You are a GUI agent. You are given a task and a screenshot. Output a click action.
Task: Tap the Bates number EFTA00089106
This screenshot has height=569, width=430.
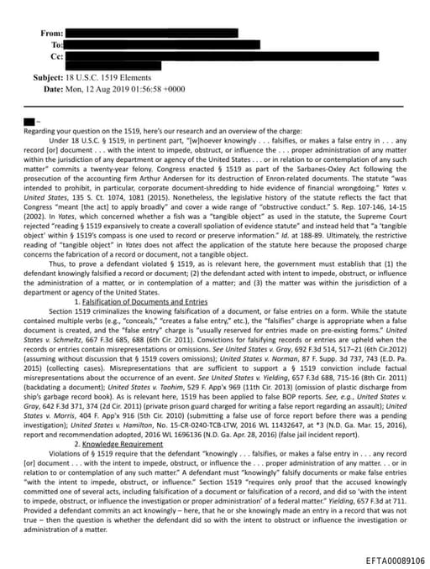point(395,561)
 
